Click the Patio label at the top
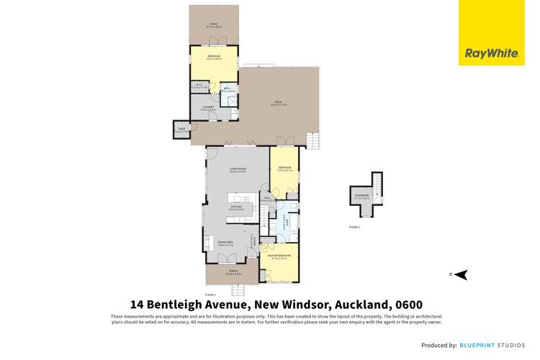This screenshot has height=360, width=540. pos(214,25)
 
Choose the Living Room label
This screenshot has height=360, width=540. pos(238,170)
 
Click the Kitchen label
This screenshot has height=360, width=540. pos(236,208)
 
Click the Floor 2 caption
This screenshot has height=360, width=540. pos(354,227)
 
